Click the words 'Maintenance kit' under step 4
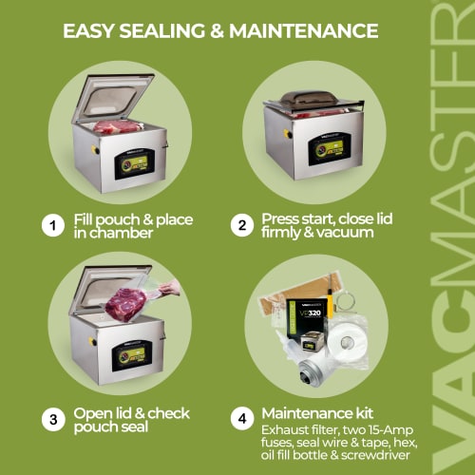pyautogui.click(x=316, y=413)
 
